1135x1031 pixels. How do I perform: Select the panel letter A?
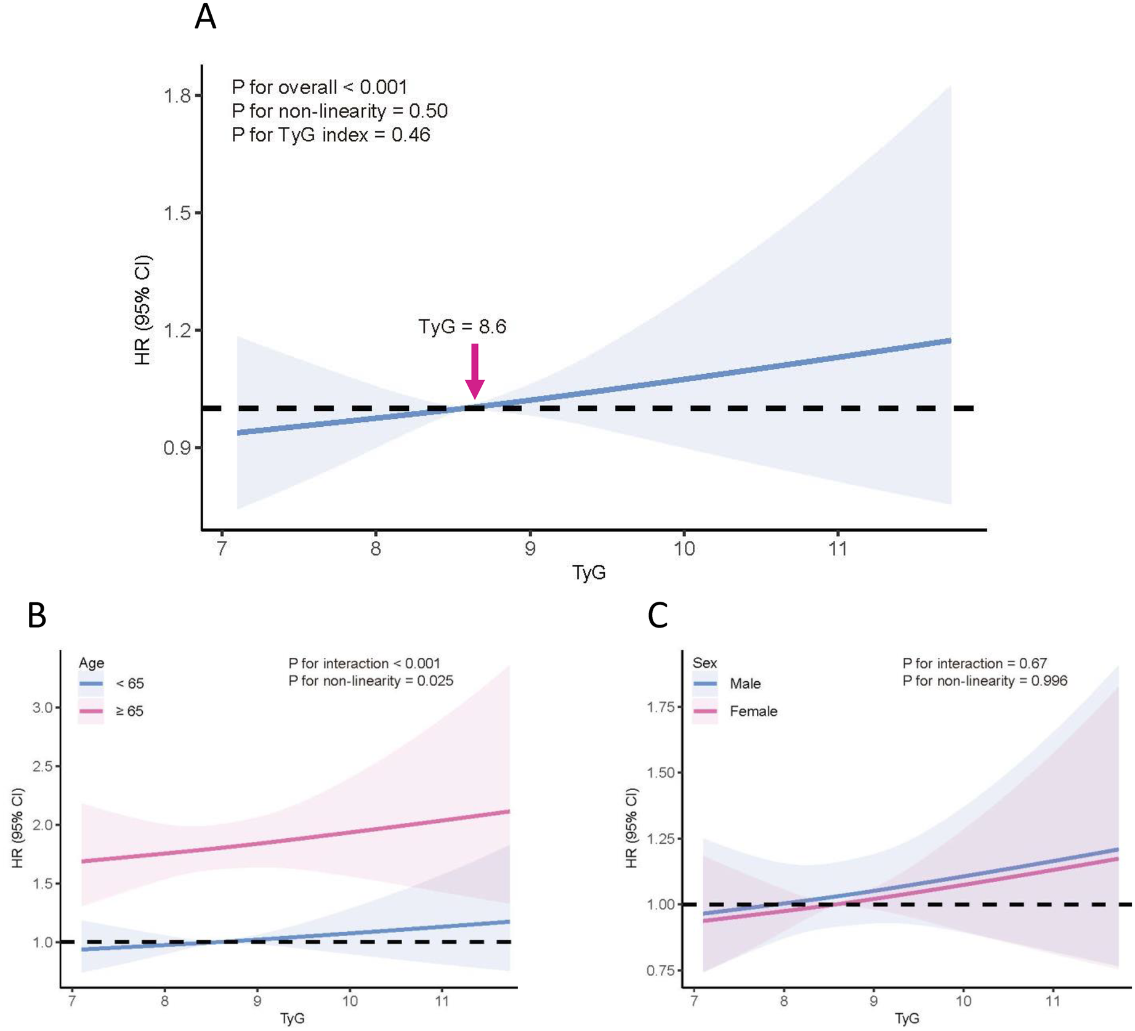(205, 17)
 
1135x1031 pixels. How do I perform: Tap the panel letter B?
(37, 615)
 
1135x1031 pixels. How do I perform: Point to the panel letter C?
(658, 615)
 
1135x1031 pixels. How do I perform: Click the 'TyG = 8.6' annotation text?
(462, 326)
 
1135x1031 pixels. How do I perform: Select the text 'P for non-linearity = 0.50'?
(339, 111)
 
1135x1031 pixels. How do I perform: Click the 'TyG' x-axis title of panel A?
(589, 573)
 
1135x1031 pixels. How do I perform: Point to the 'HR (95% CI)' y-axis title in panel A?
(142, 310)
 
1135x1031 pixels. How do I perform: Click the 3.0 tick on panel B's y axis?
(42, 708)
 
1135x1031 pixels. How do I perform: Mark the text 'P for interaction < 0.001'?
(364, 663)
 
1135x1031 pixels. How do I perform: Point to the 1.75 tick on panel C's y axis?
(660, 706)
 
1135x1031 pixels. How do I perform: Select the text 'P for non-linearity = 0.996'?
(985, 681)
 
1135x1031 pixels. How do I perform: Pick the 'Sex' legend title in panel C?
(705, 663)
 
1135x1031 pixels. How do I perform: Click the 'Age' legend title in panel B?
(91, 663)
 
